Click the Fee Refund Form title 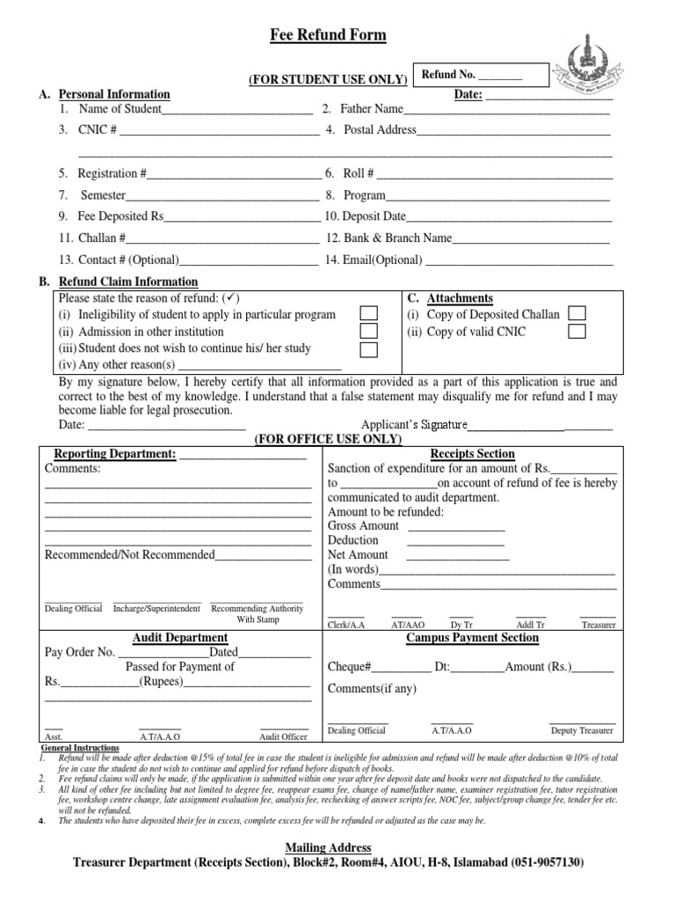pyautogui.click(x=327, y=35)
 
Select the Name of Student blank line pyautogui.click(x=237, y=109)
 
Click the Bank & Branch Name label pyautogui.click(x=388, y=238)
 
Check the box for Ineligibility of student pyautogui.click(x=370, y=314)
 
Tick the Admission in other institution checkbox pyautogui.click(x=370, y=332)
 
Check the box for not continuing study pyautogui.click(x=370, y=349)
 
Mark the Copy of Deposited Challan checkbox pyautogui.click(x=577, y=314)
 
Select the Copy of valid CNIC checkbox pyautogui.click(x=577, y=332)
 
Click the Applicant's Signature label pyautogui.click(x=414, y=425)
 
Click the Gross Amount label pyautogui.click(x=363, y=525)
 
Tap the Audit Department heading pyautogui.click(x=179, y=638)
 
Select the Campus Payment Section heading pyautogui.click(x=472, y=638)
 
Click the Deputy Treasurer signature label pyautogui.click(x=581, y=730)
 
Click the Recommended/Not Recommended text pyautogui.click(x=129, y=554)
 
